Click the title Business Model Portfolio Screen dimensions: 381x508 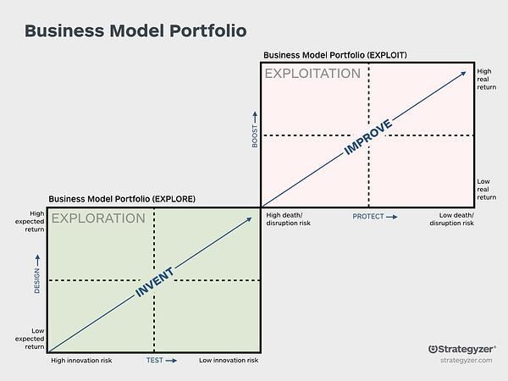coord(135,31)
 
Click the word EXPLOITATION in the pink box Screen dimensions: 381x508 coord(312,74)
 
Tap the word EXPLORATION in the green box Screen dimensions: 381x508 coord(98,218)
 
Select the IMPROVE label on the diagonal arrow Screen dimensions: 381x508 coord(368,136)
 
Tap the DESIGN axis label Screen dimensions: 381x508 coord(37,276)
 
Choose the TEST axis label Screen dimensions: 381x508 coord(159,361)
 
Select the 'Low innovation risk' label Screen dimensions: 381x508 coord(229,361)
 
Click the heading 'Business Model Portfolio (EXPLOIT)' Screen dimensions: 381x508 coord(335,55)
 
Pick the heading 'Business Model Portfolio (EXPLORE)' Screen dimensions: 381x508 coord(122,199)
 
